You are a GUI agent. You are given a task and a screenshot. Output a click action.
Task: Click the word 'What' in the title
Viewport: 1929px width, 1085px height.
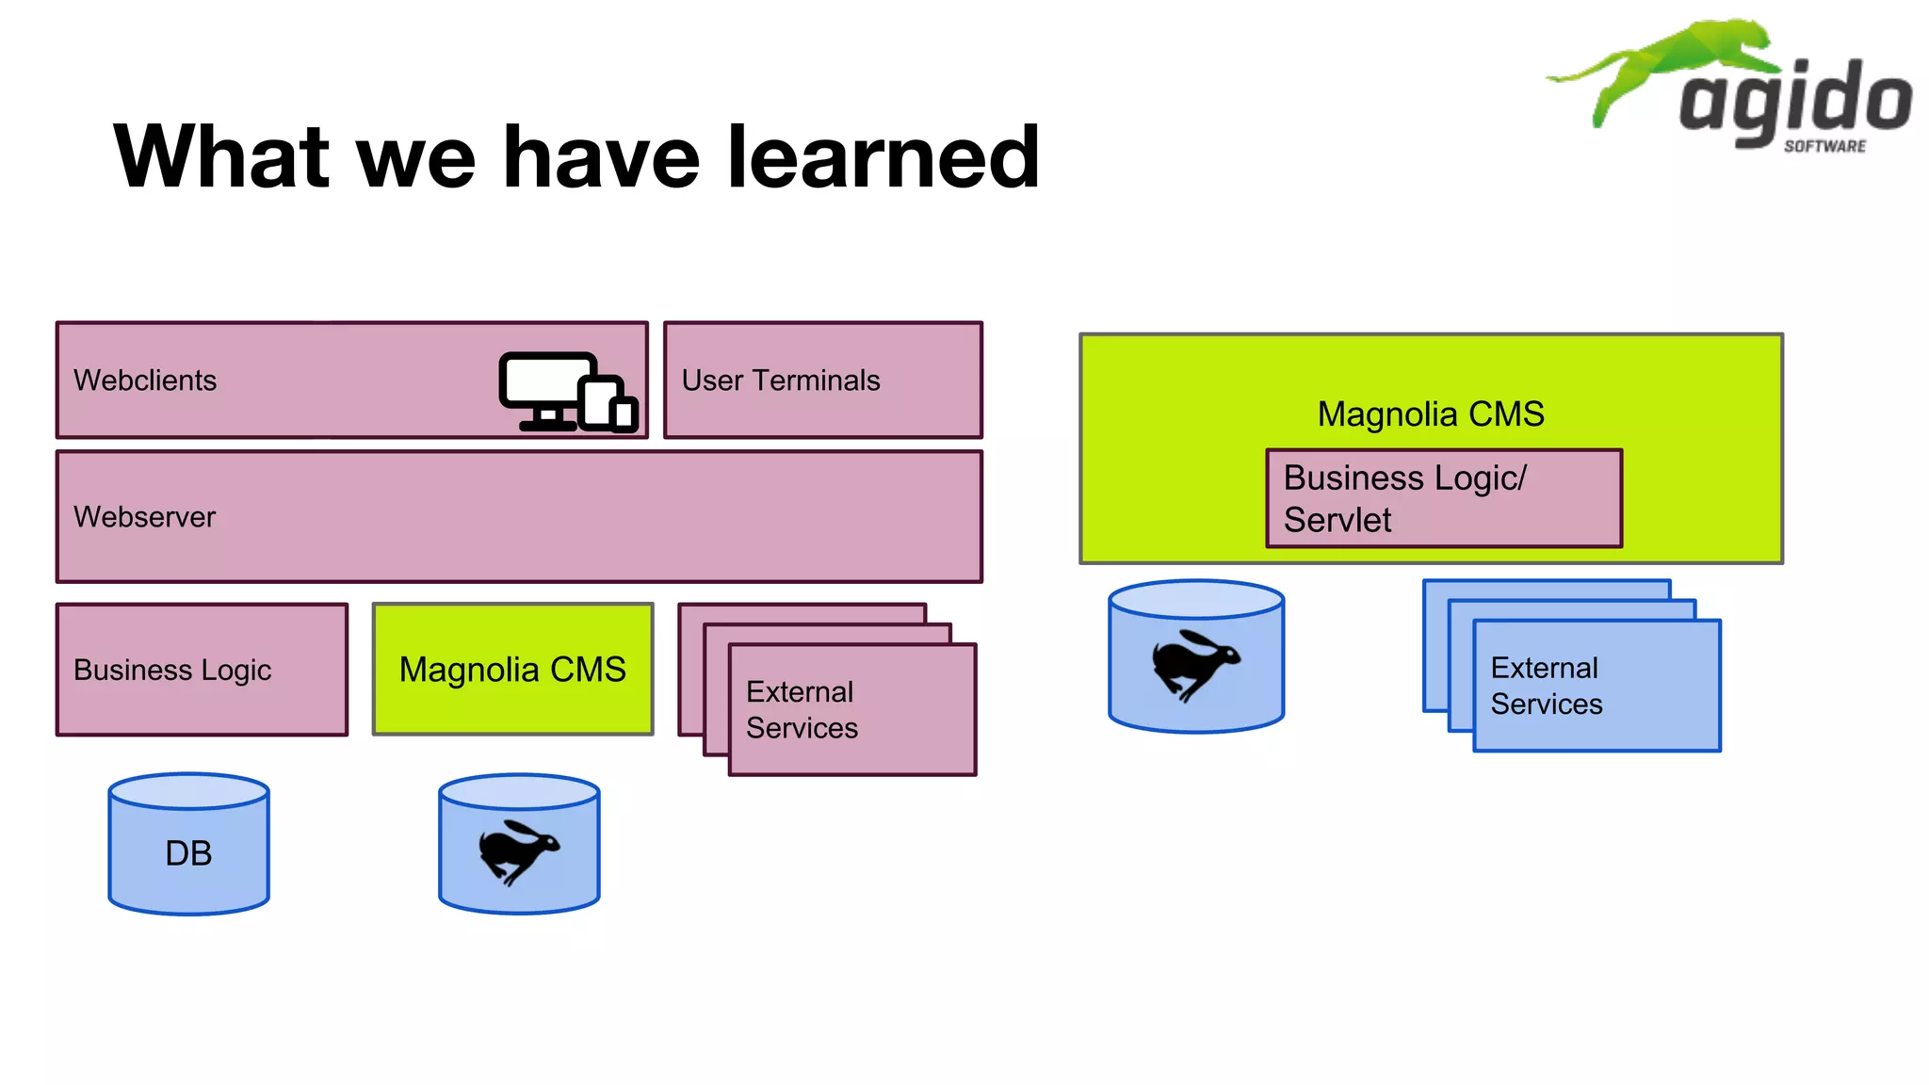222,157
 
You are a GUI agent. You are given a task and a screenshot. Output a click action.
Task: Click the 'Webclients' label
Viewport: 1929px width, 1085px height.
145,381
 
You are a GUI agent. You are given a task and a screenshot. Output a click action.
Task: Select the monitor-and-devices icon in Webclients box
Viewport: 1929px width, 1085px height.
568,392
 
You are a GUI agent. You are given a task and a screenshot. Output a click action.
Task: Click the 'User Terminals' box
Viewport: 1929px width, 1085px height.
822,381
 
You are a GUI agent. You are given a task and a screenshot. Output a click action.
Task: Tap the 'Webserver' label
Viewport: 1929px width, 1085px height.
145,517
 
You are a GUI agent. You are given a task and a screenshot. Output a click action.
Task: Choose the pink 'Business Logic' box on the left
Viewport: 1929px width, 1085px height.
202,670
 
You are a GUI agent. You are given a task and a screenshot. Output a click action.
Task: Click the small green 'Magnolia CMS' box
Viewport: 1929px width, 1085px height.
512,670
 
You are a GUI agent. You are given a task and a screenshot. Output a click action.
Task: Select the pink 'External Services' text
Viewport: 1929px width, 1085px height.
802,710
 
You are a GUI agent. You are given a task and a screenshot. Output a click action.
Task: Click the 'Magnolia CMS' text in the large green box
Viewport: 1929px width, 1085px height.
1430,414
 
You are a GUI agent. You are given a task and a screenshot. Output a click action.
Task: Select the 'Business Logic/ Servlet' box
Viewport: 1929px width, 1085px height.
1443,498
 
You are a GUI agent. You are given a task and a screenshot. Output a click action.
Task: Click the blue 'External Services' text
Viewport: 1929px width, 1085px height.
1546,686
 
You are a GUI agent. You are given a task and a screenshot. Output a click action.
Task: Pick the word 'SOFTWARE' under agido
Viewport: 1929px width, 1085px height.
1824,146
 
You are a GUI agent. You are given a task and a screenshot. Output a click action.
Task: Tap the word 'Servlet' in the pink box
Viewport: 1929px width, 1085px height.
1337,520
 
